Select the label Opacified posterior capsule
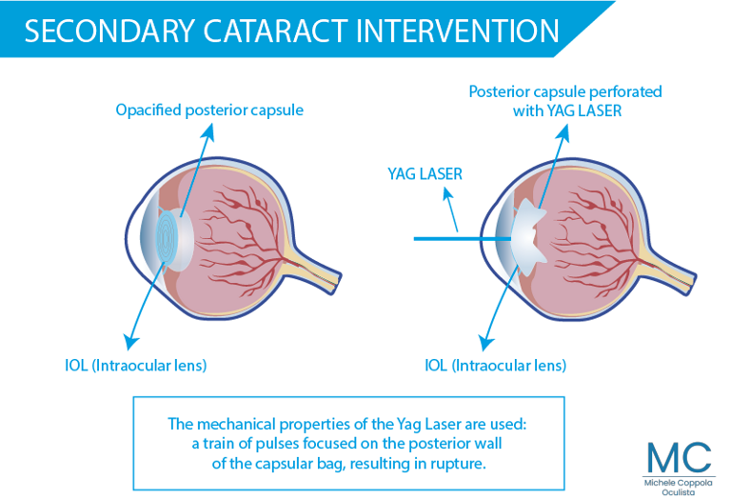tap(209, 110)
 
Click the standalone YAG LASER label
tap(425, 174)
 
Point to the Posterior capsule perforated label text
tap(565, 91)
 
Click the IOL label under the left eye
tap(136, 365)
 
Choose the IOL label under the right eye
tap(496, 365)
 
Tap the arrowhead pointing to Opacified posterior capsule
tap(208, 132)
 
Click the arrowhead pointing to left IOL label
tap(131, 341)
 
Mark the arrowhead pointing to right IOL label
tap(486, 343)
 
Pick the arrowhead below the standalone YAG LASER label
tap(447, 194)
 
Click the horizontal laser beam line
tap(463, 239)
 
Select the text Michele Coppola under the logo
tap(679, 483)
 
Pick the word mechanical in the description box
tap(235, 424)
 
